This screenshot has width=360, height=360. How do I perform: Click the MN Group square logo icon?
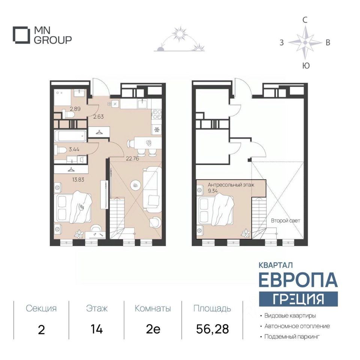point(21,35)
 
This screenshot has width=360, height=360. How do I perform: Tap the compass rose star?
point(305,42)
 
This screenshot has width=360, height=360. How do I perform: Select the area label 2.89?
point(75,109)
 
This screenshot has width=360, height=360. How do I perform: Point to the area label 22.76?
point(132,158)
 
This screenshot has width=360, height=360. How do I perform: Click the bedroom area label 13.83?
point(78,180)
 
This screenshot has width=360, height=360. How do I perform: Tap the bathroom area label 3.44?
point(74,149)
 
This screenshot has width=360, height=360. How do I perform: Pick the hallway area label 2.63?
point(98,116)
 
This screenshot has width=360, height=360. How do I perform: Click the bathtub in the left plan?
point(70,136)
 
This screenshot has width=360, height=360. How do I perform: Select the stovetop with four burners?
point(157,114)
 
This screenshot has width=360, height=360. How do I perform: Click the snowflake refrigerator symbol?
point(157,130)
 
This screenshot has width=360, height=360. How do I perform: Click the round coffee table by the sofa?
point(135,185)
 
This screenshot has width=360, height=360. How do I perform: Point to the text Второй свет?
point(286,220)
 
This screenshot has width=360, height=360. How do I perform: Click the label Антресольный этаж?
point(231,184)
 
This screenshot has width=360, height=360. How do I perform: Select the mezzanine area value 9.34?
point(213,191)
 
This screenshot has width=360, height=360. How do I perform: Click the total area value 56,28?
point(213,329)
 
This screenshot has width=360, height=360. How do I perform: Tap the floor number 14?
point(96,329)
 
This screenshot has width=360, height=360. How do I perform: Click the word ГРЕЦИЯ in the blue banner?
point(298,299)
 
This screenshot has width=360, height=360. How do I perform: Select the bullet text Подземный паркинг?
point(292,337)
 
